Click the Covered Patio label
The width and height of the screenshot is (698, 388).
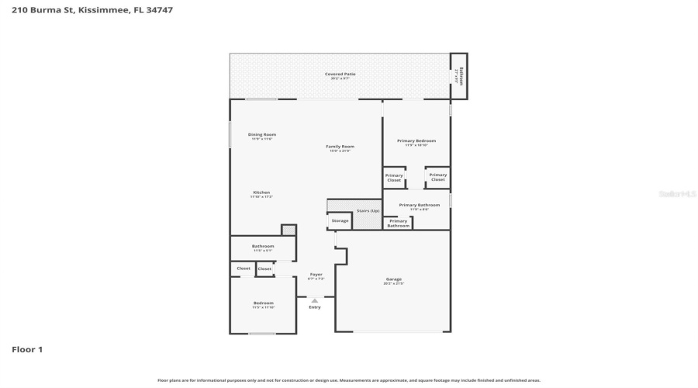tap(340, 75)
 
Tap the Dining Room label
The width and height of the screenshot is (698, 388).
tap(262, 136)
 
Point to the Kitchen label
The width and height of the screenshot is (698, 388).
tap(261, 194)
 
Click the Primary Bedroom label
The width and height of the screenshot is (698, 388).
tap(416, 142)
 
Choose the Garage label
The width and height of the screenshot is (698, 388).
tap(394, 280)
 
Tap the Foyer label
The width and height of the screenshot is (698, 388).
tap(316, 275)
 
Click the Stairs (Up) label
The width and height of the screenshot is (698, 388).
tap(368, 211)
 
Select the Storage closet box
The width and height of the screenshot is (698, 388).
tap(340, 221)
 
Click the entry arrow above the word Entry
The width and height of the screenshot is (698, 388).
tap(314, 300)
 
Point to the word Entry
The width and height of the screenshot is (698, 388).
tap(314, 307)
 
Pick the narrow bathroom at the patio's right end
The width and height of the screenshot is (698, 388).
tap(459, 76)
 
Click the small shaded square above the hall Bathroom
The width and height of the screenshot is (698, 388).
tap(289, 230)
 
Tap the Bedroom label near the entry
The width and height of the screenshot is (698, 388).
tap(263, 304)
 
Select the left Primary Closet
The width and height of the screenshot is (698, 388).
tap(394, 178)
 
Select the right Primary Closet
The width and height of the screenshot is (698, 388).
tap(438, 178)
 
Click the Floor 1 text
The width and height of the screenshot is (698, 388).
tap(26, 350)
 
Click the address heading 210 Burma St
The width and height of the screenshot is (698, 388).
tap(92, 10)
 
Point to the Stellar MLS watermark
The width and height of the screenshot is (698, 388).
tap(677, 194)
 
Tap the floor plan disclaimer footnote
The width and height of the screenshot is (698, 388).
tap(348, 380)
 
